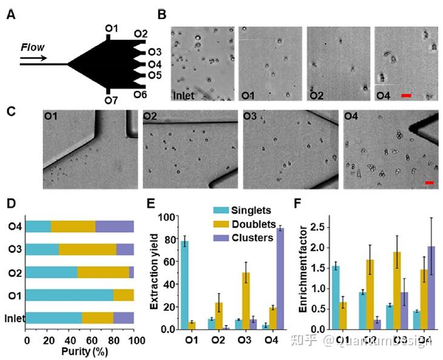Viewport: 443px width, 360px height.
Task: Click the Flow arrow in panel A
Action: tap(33, 59)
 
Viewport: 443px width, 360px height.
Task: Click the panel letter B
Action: tap(162, 14)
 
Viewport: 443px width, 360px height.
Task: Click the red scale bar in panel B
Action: tap(406, 95)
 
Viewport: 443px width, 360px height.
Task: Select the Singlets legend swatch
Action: tap(221, 210)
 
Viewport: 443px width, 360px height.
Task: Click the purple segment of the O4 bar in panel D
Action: tap(115, 227)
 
